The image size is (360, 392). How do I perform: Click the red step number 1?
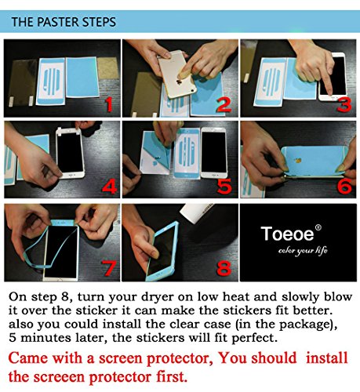(109, 104)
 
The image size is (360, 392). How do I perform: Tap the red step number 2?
(224, 105)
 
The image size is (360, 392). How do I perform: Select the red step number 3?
(344, 105)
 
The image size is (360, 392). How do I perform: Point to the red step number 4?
(110, 187)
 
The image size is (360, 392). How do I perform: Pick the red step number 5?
(224, 187)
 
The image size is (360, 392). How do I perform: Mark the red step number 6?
(344, 186)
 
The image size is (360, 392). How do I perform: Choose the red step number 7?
(109, 268)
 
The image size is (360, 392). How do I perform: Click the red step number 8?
(224, 268)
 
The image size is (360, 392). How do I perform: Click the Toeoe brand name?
(287, 234)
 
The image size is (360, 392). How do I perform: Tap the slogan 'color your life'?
(303, 250)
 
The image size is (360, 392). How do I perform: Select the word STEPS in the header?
(99, 22)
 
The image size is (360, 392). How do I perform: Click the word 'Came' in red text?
(28, 358)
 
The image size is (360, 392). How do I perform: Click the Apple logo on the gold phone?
(179, 82)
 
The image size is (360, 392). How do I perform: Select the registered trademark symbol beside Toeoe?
(318, 227)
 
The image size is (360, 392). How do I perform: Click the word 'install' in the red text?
(327, 358)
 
